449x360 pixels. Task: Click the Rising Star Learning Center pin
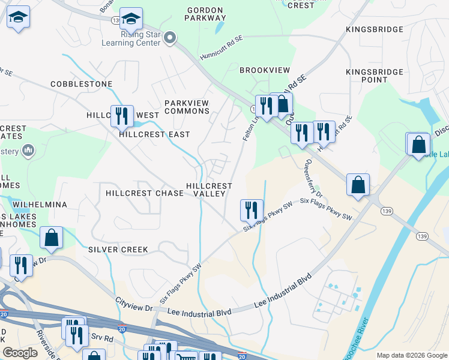click(170, 38)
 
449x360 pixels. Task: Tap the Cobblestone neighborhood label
click(82, 84)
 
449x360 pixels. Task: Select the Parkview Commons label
click(187, 107)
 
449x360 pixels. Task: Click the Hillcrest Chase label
click(144, 193)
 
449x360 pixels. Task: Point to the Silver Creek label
click(118, 249)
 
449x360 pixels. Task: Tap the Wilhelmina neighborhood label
click(40, 205)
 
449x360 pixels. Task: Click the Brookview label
click(264, 70)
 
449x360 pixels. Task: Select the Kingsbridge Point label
click(375, 76)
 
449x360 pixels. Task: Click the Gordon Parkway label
click(205, 14)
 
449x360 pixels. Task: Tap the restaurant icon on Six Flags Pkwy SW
click(252, 209)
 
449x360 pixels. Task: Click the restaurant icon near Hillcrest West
click(122, 115)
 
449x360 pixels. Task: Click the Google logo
click(20, 353)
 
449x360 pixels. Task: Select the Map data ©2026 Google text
click(412, 355)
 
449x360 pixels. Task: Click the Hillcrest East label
click(154, 134)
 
